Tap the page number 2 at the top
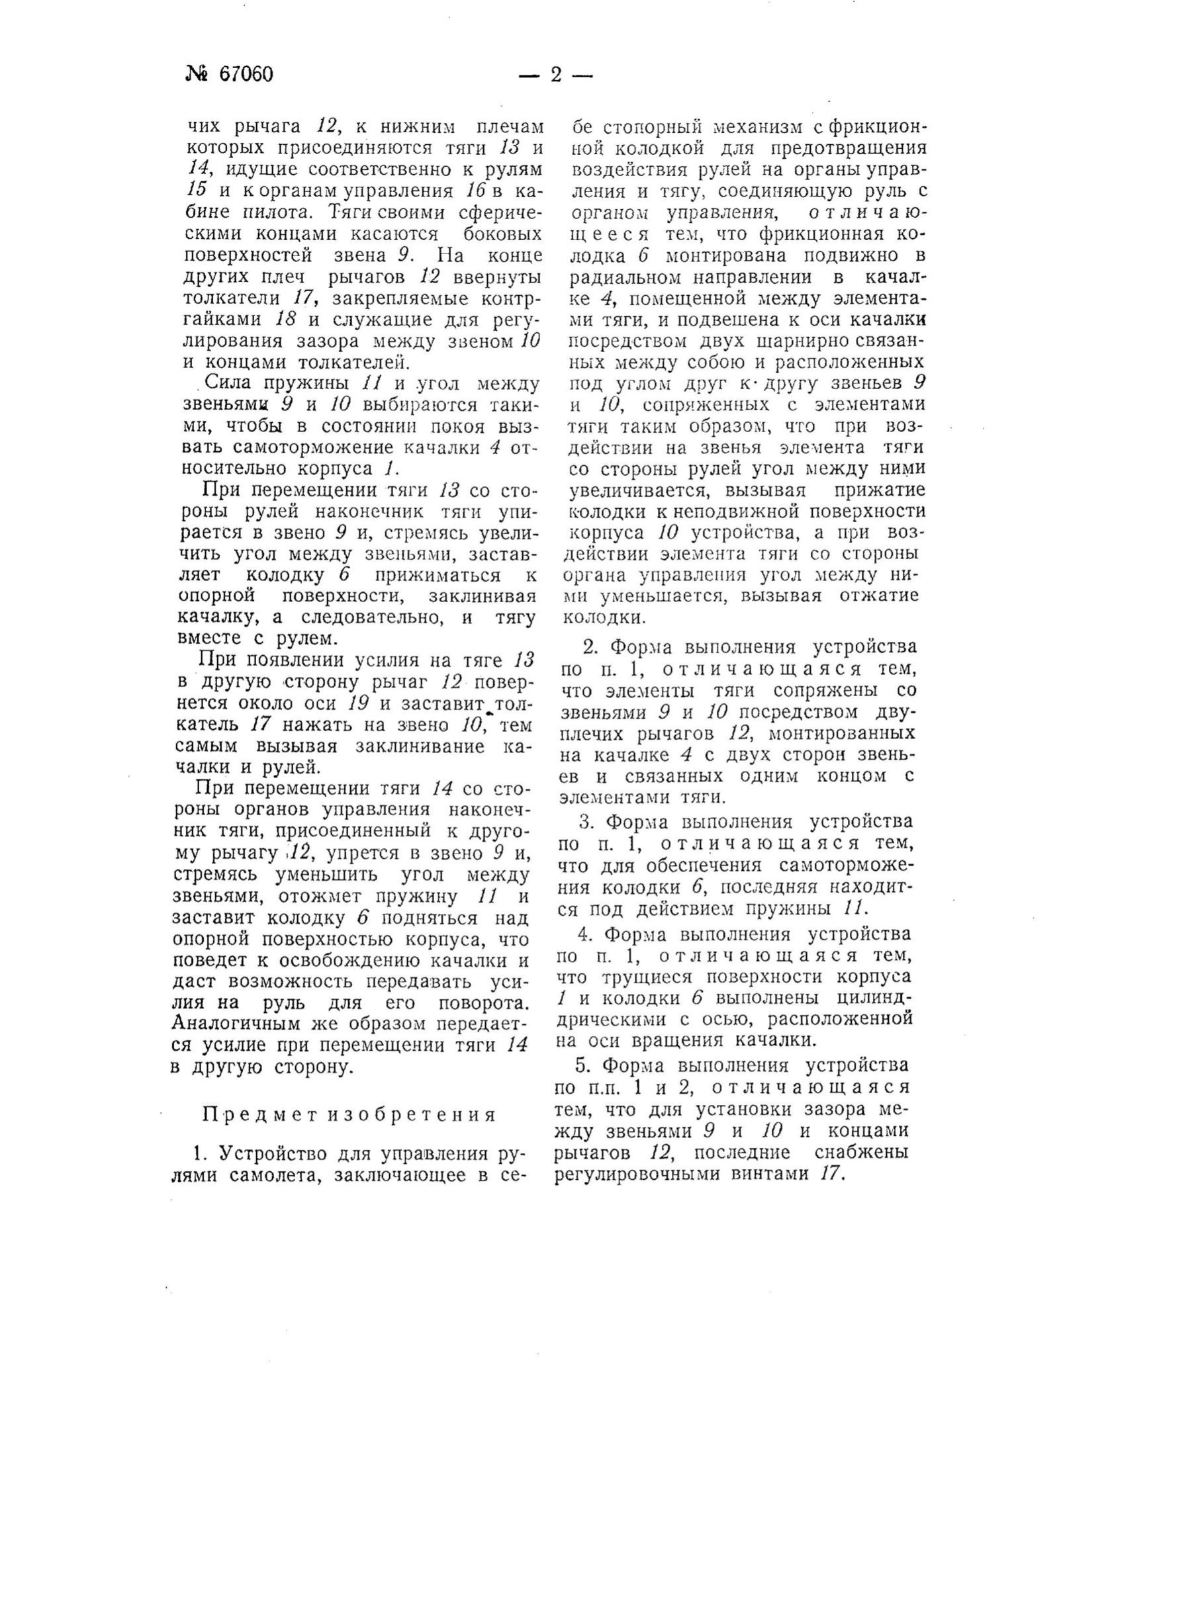click(x=555, y=75)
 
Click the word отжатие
click(x=879, y=596)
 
